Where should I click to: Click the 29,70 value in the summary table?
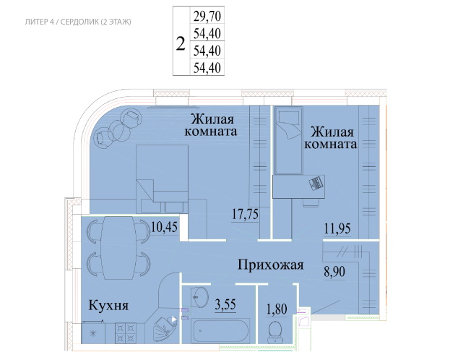207,17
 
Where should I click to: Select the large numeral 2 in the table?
181,43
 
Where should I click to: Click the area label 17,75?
245,214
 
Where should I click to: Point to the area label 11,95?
337,229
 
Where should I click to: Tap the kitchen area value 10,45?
164,227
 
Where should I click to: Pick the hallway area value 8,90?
334,272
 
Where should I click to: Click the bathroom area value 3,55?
225,304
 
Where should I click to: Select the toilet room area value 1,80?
277,309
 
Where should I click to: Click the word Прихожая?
270,265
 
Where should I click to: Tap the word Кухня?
108,305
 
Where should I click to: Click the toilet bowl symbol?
275,333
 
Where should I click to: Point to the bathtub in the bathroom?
220,330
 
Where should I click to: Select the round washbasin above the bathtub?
201,296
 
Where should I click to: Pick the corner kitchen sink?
165,328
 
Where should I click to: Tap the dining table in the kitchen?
118,248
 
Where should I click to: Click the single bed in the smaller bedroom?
289,141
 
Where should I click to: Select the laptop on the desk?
316,184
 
